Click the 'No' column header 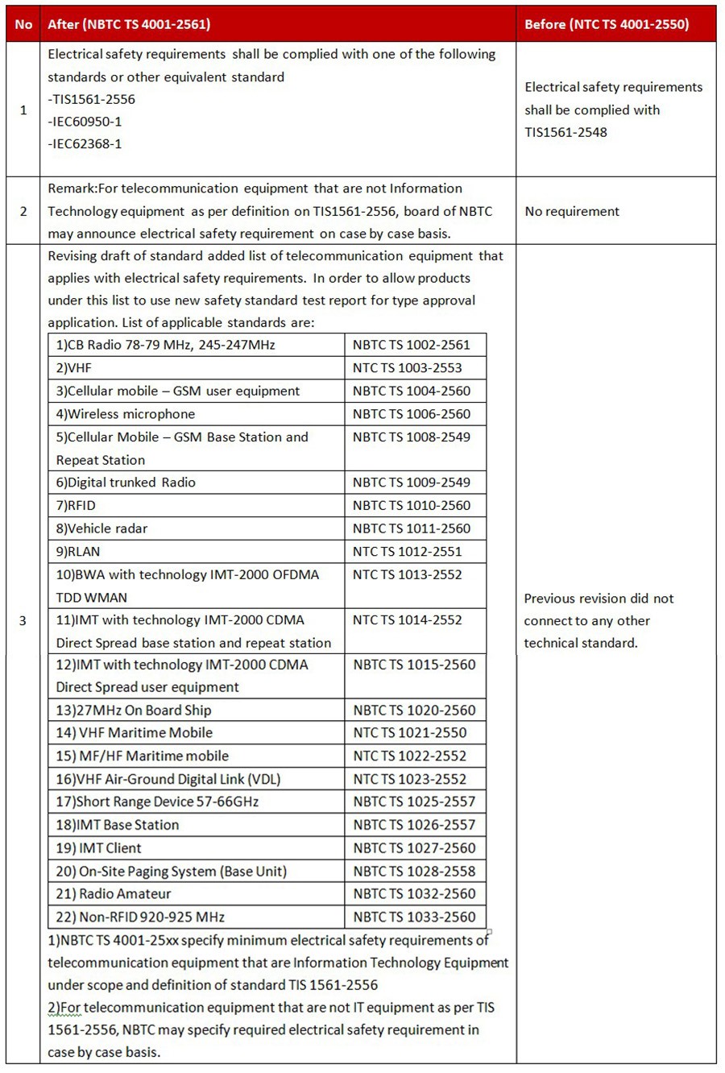(x=23, y=24)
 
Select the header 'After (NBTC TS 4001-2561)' (x=129, y=24)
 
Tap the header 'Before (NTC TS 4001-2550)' (x=606, y=24)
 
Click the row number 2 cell (x=23, y=211)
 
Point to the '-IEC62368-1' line (x=85, y=144)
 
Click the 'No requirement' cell (x=572, y=211)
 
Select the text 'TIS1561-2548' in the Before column (x=565, y=132)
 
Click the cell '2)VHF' (x=74, y=368)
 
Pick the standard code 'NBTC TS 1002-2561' (x=411, y=345)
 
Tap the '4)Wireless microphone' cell (x=126, y=414)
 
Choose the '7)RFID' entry (x=76, y=505)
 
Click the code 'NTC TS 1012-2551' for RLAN (x=407, y=552)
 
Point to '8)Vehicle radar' (x=101, y=528)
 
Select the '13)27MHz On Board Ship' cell (x=134, y=710)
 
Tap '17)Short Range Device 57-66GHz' (x=157, y=802)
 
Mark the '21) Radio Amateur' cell (x=114, y=893)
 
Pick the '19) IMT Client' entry (x=98, y=848)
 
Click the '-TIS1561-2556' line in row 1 (x=91, y=99)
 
